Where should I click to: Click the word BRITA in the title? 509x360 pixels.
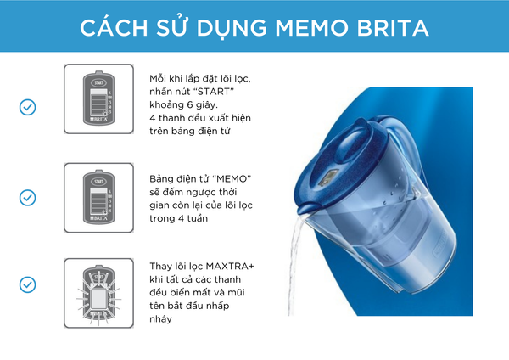pos(393,28)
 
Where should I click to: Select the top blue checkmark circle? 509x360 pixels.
pos(28,107)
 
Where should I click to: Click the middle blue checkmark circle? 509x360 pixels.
pos(28,198)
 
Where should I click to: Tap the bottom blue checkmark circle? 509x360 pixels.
pos(28,284)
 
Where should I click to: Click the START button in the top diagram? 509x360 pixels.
pos(98,82)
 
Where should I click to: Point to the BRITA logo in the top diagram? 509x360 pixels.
pos(98,119)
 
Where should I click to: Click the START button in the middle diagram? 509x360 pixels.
pos(98,182)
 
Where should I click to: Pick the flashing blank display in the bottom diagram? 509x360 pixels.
pos(98,298)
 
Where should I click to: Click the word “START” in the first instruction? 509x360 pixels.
pos(213,92)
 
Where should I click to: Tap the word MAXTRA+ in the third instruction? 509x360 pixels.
pos(230,267)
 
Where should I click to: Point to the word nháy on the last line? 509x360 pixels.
pos(160,319)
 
